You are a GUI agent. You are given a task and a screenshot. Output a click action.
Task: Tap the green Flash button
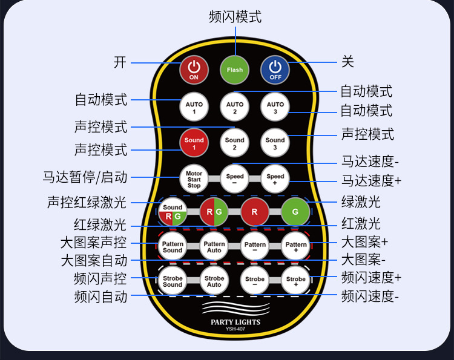pos(235,70)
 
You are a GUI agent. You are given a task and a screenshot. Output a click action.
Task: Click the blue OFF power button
pos(275,70)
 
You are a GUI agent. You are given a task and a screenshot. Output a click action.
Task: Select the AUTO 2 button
pos(235,108)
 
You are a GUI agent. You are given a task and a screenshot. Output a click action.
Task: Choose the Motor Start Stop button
pos(194,178)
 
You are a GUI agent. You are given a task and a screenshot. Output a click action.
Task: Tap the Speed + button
pos(275,178)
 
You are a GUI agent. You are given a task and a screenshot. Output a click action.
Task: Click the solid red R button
pos(255,212)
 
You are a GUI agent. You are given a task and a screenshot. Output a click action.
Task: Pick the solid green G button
pos(295,212)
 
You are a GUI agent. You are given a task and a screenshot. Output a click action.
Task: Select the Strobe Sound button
pos(173,281)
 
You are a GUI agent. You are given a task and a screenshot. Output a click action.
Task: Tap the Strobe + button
pos(295,280)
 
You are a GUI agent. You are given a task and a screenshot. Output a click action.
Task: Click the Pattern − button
pos(255,246)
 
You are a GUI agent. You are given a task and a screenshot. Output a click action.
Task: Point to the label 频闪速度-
pos(370,296)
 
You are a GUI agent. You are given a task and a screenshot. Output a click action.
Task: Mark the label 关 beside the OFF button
pos(347,62)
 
